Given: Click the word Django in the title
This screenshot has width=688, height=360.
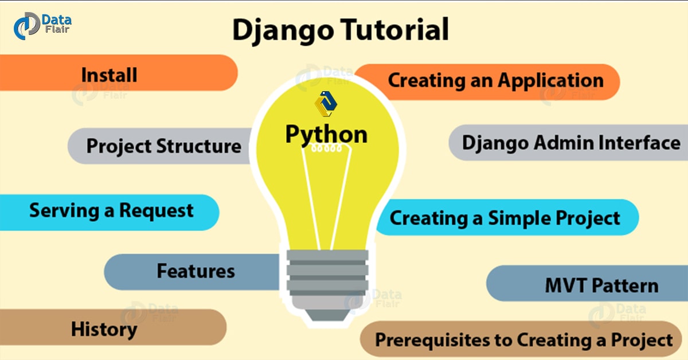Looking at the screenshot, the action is click(283, 30).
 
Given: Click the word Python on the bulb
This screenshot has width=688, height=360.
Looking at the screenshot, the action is click(326, 135).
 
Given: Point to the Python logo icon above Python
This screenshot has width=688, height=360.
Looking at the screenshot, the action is click(326, 104).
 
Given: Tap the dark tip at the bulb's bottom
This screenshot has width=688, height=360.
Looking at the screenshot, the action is click(327, 315).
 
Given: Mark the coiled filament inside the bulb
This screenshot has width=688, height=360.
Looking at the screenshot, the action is click(326, 149).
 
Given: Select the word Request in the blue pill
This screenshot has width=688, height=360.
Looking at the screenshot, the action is click(157, 211).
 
